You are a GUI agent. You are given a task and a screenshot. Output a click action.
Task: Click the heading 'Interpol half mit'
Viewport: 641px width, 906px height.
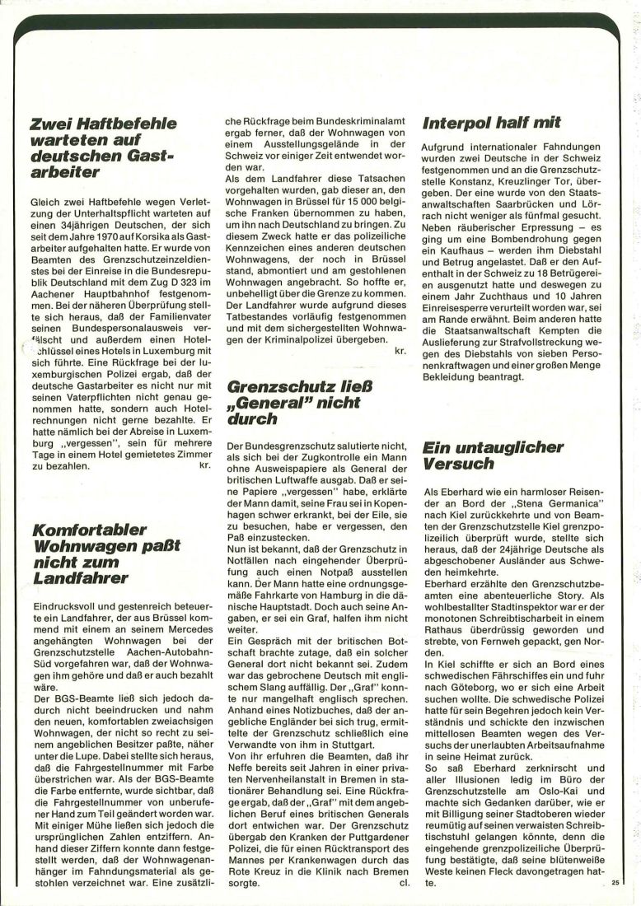492,123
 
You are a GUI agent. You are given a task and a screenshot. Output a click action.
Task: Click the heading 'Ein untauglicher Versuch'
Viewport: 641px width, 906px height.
492,455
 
